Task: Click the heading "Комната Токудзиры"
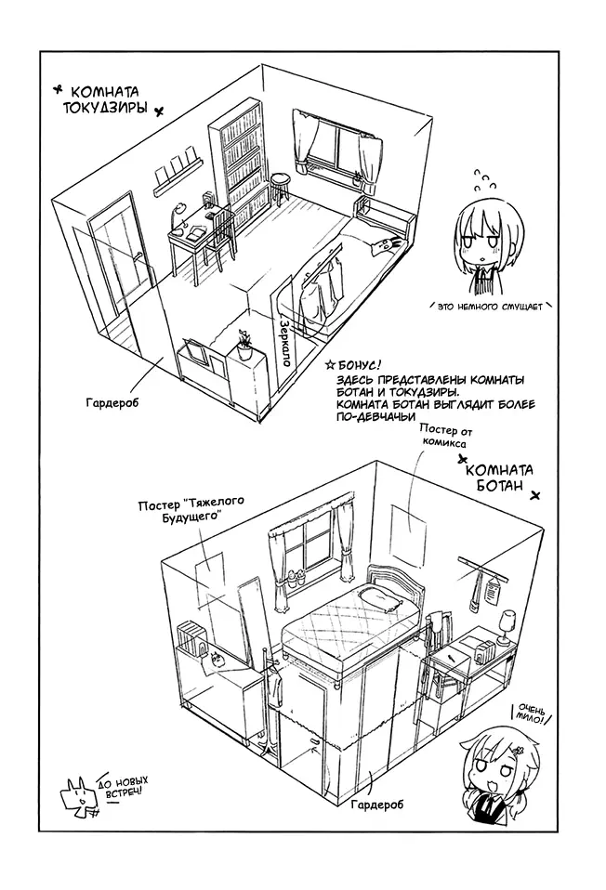click(x=106, y=99)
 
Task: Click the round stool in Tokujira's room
click(x=280, y=190)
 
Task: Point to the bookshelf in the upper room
click(x=239, y=164)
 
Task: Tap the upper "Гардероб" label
click(x=112, y=403)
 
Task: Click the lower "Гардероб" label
click(x=377, y=805)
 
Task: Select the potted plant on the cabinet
click(x=244, y=345)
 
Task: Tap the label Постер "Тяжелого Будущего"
click(x=191, y=510)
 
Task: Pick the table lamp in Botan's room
click(x=505, y=627)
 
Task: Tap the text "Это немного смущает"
click(x=490, y=308)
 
